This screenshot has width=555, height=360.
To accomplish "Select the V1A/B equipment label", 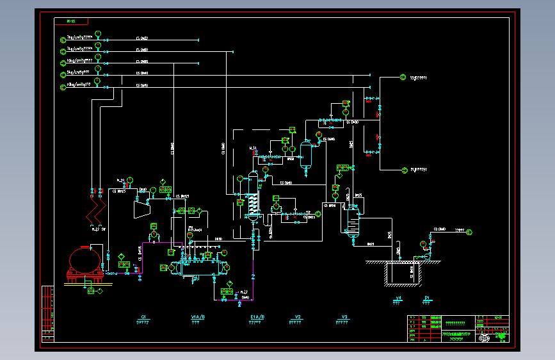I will pyautogui.click(x=198, y=317).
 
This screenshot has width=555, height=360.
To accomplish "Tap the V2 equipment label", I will pyautogui.click(x=297, y=317).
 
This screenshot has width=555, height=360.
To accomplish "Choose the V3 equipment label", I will pyautogui.click(x=344, y=317).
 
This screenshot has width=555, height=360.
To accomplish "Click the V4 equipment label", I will pyautogui.click(x=398, y=299).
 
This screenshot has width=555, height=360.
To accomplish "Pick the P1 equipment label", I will pyautogui.click(x=427, y=299).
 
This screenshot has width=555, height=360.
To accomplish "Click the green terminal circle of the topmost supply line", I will pyautogui.click(x=63, y=38).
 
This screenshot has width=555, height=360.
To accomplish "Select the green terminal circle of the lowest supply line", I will pyautogui.click(x=63, y=86).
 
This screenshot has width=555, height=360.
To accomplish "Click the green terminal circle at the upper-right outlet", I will pyautogui.click(x=403, y=78).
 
